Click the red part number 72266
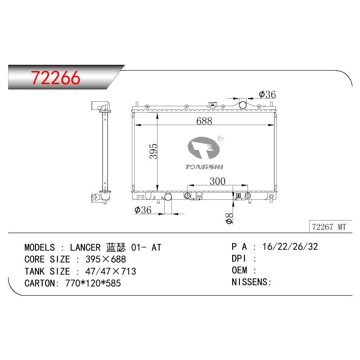[56, 78]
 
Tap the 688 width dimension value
[204, 121]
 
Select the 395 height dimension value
[153, 151]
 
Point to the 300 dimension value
[217, 181]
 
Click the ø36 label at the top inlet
[267, 94]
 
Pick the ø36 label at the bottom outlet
[143, 210]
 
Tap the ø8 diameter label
[229, 218]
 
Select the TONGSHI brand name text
[204, 167]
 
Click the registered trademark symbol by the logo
[220, 138]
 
